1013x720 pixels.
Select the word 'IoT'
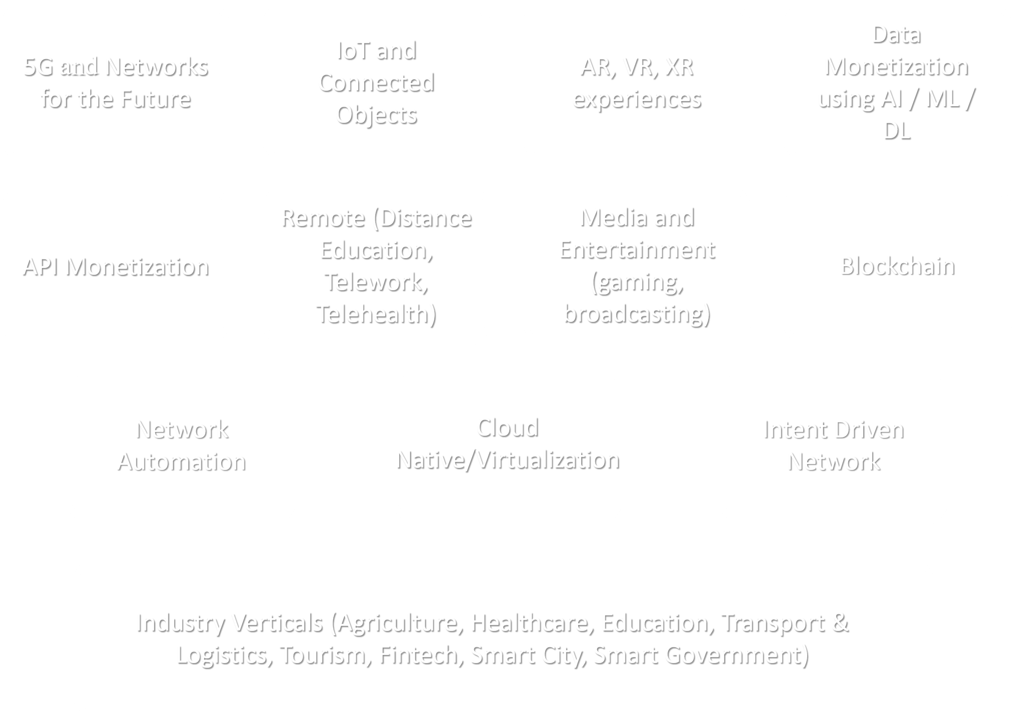[x=353, y=51]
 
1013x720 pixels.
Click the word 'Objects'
[x=377, y=116]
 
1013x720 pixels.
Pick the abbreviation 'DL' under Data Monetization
[x=897, y=131]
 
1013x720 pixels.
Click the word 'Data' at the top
[x=897, y=35]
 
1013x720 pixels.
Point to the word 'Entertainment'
[x=637, y=250]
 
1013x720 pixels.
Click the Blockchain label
[x=897, y=266]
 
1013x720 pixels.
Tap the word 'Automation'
[x=182, y=462]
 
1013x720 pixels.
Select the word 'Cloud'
[x=508, y=428]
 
